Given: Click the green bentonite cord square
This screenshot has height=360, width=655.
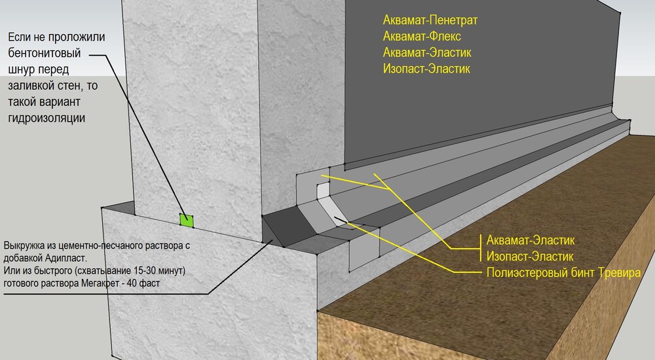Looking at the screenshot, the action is pos(186,221).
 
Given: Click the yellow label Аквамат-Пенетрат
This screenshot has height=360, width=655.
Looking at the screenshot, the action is pos(430,20).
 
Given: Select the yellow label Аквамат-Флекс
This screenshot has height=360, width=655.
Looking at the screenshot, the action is pos(422,37).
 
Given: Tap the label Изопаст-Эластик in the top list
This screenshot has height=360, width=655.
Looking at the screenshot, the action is pos(426,69).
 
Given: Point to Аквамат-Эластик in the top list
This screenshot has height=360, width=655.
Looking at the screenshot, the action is pos(427,52).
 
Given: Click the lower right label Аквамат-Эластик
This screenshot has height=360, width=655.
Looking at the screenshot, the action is pos(531,240).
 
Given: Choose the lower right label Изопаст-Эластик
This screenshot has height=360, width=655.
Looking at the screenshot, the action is pos(530,257).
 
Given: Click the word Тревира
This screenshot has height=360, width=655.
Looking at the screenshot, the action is pos(619,273).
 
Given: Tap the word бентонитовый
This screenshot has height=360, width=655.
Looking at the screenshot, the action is pos(45,54).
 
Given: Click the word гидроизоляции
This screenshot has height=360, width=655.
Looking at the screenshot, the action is pos(47,118).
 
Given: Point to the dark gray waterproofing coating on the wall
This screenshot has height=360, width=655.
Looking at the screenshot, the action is pos(480,84).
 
